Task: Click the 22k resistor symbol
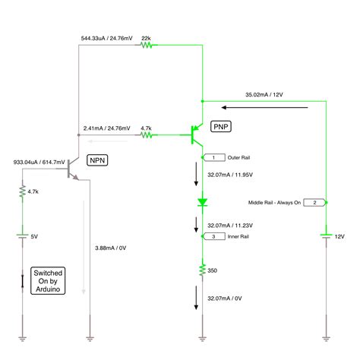point(147,46)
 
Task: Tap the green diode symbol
point(203,203)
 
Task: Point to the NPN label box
point(98,160)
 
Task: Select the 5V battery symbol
point(22,236)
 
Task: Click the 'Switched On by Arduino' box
point(48,280)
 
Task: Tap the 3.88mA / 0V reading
point(111,248)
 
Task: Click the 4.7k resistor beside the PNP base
point(147,136)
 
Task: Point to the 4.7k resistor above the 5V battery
point(22,194)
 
